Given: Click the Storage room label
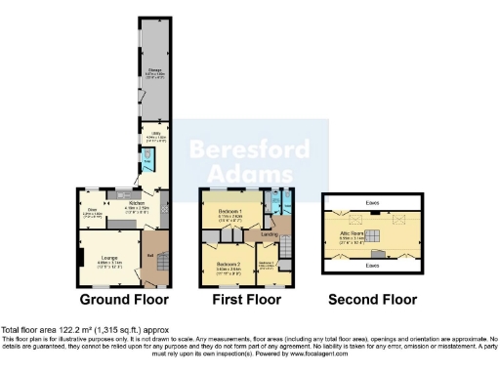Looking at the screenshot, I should click(154, 71).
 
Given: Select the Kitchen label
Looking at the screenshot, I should click(137, 205).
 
